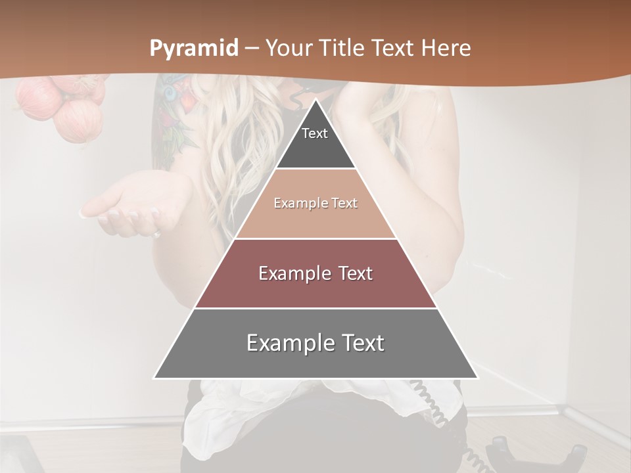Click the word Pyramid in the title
[x=194, y=49]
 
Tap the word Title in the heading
[x=344, y=49]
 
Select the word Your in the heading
[x=291, y=49]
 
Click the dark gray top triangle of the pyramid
[x=315, y=148]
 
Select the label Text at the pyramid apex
[x=315, y=133]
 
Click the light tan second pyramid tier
[x=315, y=220]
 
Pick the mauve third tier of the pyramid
[x=315, y=289]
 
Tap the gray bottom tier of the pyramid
[x=315, y=361]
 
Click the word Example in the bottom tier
[x=290, y=344]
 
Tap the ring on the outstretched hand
[x=156, y=233]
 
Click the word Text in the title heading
[x=394, y=49]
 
